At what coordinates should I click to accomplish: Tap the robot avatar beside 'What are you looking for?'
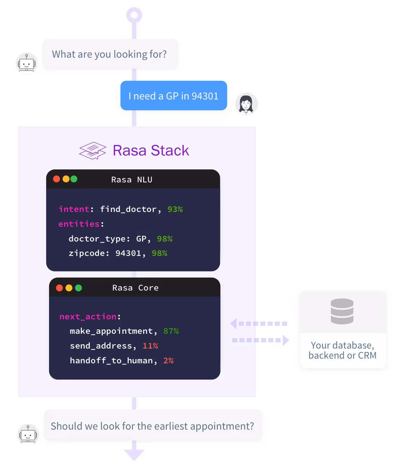click(x=27, y=63)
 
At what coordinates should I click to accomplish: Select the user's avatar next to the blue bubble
click(x=247, y=104)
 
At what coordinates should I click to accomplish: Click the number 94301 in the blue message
click(x=205, y=96)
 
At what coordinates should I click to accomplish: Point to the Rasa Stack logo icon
click(x=93, y=151)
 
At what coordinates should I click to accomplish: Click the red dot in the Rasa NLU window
click(x=57, y=179)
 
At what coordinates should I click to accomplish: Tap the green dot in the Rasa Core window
click(x=79, y=288)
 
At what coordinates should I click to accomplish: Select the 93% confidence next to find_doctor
click(x=175, y=209)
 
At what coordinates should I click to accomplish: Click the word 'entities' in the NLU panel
click(x=79, y=224)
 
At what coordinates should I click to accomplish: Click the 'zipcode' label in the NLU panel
click(x=87, y=253)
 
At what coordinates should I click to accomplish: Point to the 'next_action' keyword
click(x=88, y=316)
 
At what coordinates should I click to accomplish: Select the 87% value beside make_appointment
click(x=171, y=331)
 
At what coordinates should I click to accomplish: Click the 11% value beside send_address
click(x=150, y=346)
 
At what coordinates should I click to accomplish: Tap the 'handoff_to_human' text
click(x=111, y=361)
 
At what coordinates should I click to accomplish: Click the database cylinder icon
click(x=342, y=311)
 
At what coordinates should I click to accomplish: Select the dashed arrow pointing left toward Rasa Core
click(x=258, y=324)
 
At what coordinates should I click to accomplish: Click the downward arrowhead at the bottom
click(x=134, y=455)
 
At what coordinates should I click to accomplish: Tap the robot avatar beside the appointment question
click(x=28, y=435)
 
